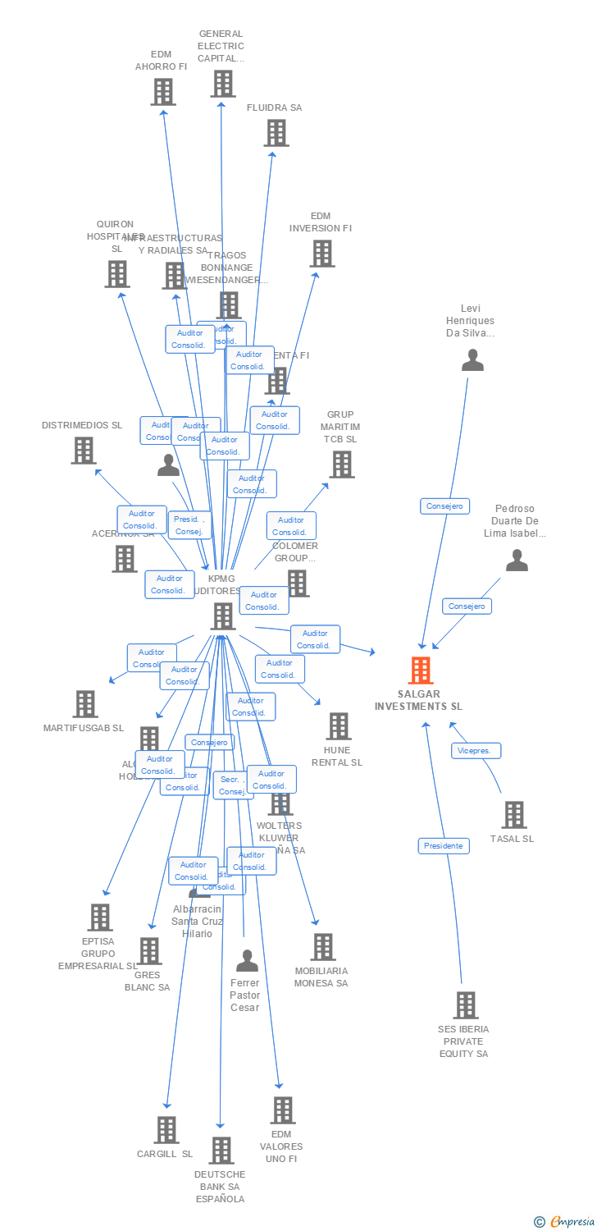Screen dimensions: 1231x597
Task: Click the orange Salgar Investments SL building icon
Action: pos(420,670)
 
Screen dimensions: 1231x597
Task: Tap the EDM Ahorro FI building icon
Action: pos(163,92)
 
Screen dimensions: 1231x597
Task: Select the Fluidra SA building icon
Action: pos(276,133)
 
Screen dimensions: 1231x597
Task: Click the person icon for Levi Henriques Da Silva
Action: pos(472,360)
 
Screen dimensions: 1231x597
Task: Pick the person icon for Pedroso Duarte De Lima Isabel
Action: pos(517,561)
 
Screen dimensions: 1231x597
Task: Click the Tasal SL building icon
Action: pos(514,815)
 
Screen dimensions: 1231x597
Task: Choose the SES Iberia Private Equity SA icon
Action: pos(465,1005)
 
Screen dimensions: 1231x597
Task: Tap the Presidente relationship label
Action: pos(444,846)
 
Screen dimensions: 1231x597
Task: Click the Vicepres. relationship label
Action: pos(476,751)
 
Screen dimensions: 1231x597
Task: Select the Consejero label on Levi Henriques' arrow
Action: pos(444,506)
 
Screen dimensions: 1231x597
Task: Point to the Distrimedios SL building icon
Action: pos(84,451)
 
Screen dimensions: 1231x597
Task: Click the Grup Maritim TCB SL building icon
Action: pos(341,464)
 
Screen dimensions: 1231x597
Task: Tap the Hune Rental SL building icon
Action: pos(339,726)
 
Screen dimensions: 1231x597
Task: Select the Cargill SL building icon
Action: pos(166,1130)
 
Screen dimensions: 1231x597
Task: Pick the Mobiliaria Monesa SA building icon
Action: pos(323,947)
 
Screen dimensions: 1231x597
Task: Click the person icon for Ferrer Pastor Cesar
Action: pos(247,960)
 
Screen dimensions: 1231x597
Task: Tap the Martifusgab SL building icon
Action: pos(85,704)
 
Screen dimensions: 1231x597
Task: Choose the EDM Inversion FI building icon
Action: pos(322,254)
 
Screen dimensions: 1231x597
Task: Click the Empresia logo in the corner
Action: pos(565,1222)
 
